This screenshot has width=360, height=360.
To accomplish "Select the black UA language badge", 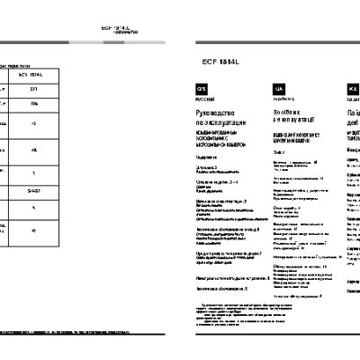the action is point(279,88).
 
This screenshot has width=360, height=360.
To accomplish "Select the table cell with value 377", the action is point(33,90).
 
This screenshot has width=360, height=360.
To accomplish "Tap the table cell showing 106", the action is point(33,105).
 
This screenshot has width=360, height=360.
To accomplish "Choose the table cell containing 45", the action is point(33,149).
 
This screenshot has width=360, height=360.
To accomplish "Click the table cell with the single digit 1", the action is point(33,172).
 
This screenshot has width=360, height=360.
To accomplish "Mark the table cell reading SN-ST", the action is point(33,190).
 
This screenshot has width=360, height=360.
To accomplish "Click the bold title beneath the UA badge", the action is point(292,114).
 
